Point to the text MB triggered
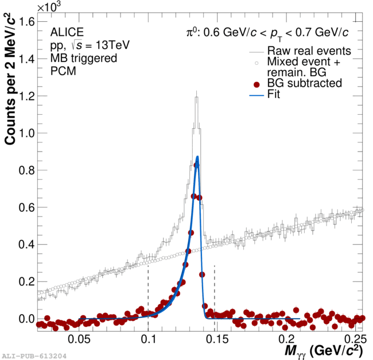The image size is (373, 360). [84, 58]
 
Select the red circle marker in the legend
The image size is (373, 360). [257, 84]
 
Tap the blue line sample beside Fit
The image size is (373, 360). [257, 95]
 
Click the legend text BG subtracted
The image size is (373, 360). [305, 84]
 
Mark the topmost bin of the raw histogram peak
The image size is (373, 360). [196, 97]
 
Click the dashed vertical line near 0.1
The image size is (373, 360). [148, 287]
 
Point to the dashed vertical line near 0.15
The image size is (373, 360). [214, 287]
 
